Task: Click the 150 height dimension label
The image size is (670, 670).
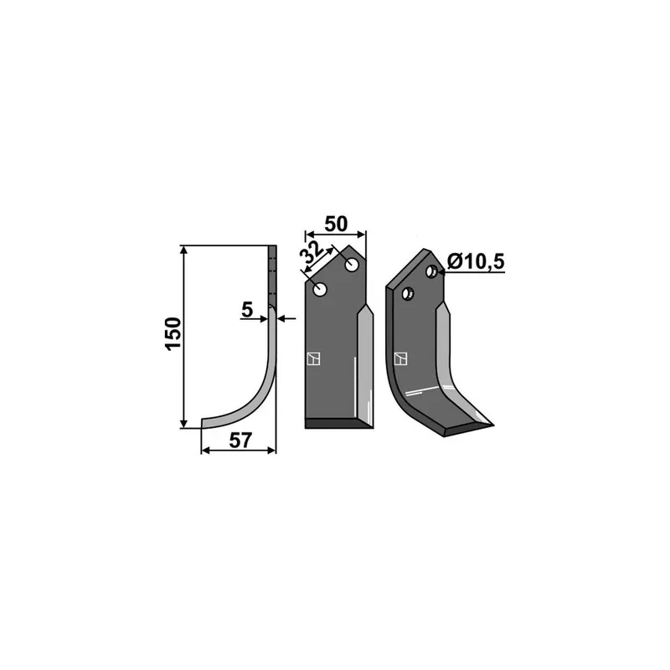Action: tap(173, 334)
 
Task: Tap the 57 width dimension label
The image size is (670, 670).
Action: tap(240, 441)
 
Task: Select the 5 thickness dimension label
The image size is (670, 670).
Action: tap(247, 309)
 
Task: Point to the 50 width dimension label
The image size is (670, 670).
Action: tap(336, 224)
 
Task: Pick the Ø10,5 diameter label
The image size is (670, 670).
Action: tap(476, 261)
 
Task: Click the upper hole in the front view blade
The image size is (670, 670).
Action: tap(352, 265)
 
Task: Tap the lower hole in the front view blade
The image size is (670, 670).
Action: tap(320, 290)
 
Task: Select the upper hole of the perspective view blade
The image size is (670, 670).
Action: tap(431, 271)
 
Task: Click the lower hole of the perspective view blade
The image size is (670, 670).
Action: tap(408, 294)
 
